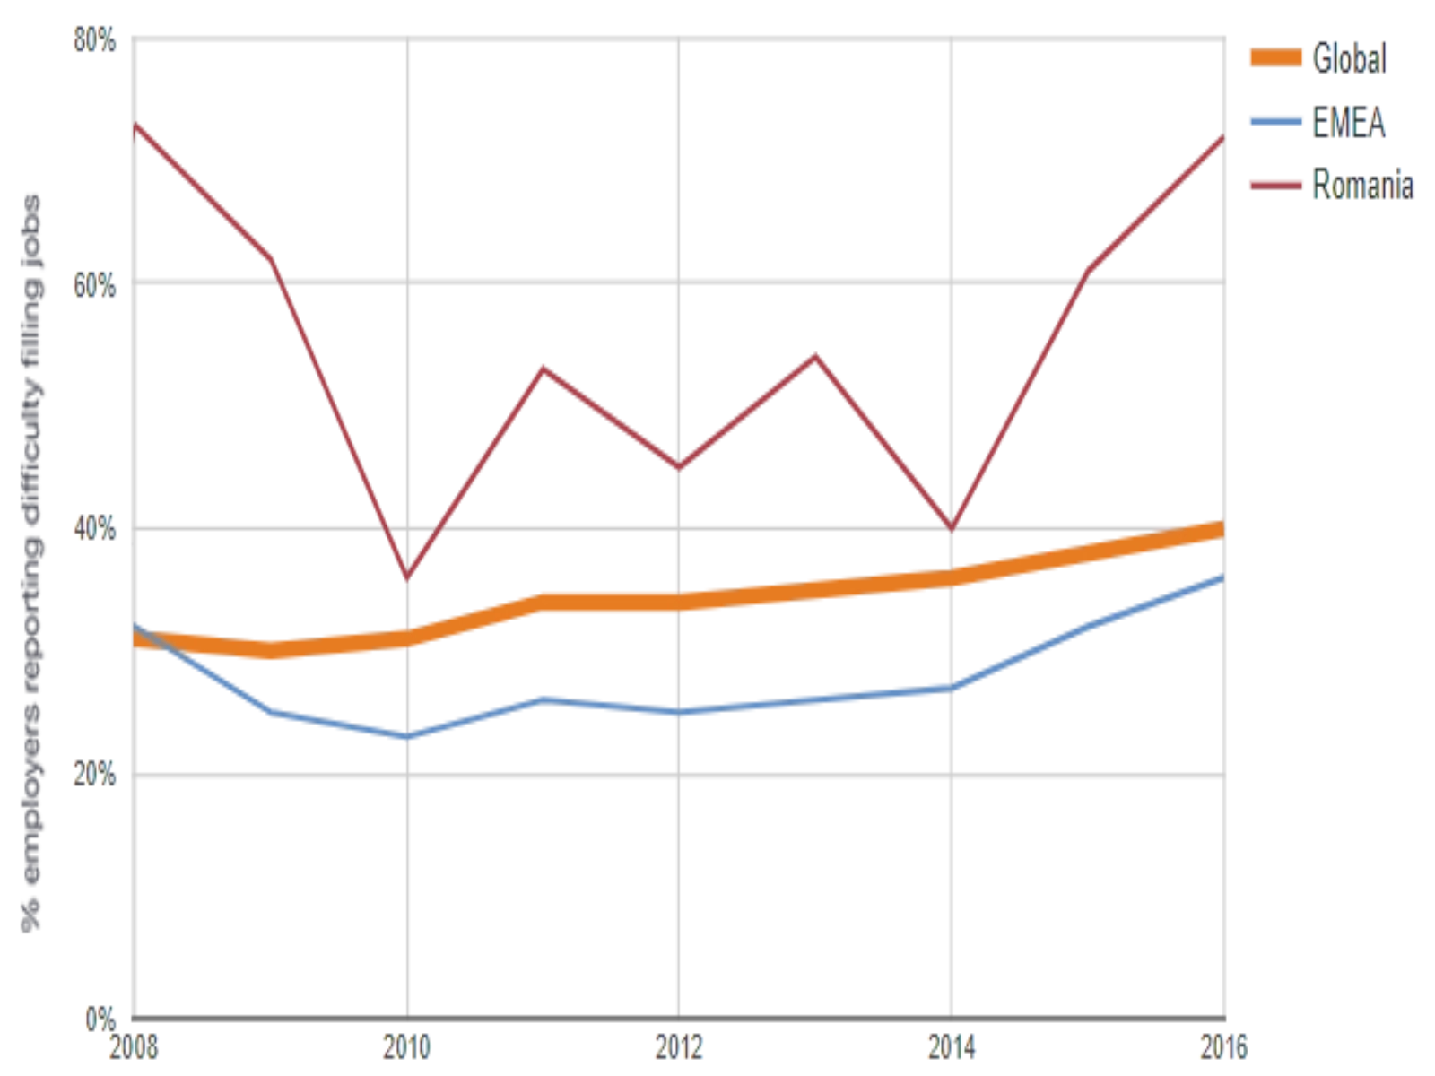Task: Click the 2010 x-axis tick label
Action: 408,1046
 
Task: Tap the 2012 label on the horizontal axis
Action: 681,1046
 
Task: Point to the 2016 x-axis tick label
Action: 1222,1046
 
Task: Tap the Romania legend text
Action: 1365,186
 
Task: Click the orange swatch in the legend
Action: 1277,59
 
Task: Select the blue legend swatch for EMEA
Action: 1277,123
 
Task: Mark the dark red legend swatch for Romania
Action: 1277,186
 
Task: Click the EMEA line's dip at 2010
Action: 408,736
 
